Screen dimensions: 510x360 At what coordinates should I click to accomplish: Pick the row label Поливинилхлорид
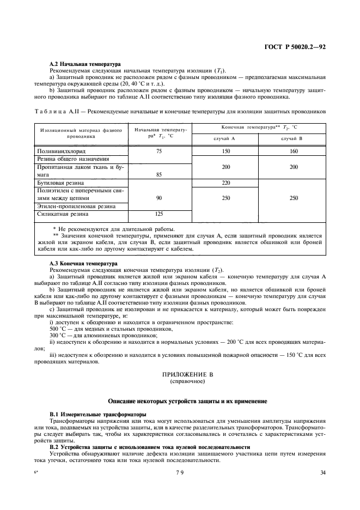coord(64,150)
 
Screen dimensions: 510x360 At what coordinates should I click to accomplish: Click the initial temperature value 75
coord(158,150)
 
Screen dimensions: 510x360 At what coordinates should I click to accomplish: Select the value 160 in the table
coord(294,150)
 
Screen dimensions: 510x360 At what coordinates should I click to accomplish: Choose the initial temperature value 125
coord(158,214)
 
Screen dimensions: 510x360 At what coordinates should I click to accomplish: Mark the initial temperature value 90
coord(158,199)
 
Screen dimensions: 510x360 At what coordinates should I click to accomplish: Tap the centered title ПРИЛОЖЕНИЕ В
coord(187,375)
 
